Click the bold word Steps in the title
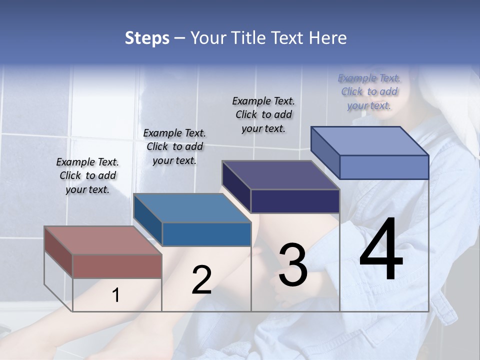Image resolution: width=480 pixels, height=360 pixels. pyautogui.click(x=147, y=38)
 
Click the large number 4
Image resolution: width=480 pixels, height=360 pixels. pyautogui.click(x=381, y=250)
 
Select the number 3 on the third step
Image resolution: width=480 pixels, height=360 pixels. pyautogui.click(x=293, y=265)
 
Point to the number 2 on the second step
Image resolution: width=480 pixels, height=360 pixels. pyautogui.click(x=201, y=280)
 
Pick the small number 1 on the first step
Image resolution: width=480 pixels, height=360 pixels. pyautogui.click(x=116, y=295)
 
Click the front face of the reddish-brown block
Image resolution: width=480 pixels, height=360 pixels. pyautogui.click(x=117, y=266)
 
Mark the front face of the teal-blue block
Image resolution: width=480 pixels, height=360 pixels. pyautogui.click(x=206, y=234)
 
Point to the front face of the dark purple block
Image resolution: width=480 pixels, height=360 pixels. pyautogui.click(x=295, y=201)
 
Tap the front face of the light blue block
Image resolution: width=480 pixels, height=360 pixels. pyautogui.click(x=384, y=167)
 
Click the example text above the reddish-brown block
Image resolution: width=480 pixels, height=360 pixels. pyautogui.click(x=87, y=175)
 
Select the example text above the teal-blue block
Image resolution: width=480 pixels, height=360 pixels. pyautogui.click(x=174, y=146)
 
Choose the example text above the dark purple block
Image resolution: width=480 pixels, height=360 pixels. pyautogui.click(x=263, y=114)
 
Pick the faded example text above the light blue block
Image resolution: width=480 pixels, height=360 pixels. pyautogui.click(x=369, y=91)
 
